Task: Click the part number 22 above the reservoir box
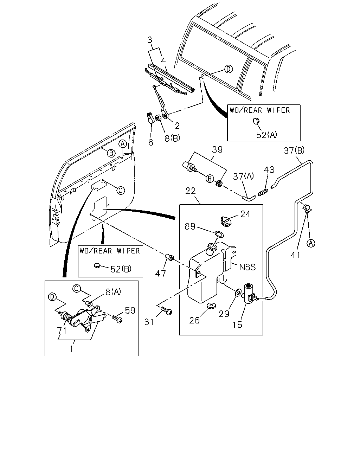[x=190, y=191]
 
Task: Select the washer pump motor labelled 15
[x=250, y=293]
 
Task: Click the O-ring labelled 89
[x=219, y=234]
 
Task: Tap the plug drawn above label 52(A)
[x=256, y=121]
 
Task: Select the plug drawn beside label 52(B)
[x=97, y=265]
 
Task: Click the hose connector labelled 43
[x=263, y=192]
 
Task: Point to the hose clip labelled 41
[x=307, y=208]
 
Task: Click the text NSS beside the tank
[x=247, y=267]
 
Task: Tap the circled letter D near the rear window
[x=229, y=69]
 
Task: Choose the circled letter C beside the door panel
[x=121, y=190]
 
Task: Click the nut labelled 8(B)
[x=158, y=118]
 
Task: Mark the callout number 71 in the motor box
[x=62, y=330]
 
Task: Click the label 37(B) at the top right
[x=294, y=150]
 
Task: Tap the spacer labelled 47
[x=169, y=257]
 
